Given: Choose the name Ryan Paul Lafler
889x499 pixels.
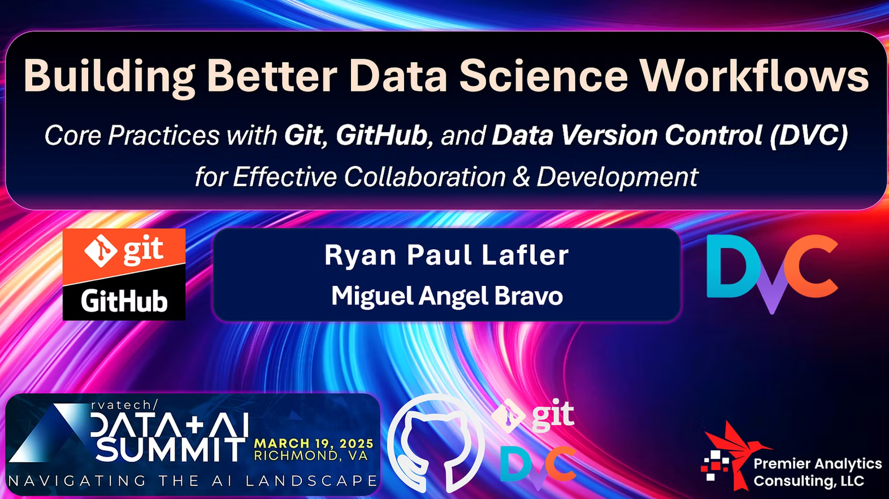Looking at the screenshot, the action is tap(446, 255).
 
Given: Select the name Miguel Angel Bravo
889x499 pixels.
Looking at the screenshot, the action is tap(447, 296).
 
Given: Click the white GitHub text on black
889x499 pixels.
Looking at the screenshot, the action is tap(124, 302).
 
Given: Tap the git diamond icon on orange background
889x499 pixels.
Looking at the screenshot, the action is tap(101, 251).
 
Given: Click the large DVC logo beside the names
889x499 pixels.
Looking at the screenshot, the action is tap(773, 274).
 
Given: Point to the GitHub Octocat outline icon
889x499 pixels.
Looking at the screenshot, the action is tap(435, 443).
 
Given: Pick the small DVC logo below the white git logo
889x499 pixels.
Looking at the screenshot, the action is tap(538, 467).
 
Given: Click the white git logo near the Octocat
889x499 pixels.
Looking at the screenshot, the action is tap(532, 415).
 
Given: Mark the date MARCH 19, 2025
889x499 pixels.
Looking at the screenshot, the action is tap(314, 443).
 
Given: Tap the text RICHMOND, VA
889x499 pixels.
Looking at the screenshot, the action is tap(311, 455).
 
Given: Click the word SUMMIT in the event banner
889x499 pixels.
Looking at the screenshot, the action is tap(171, 450).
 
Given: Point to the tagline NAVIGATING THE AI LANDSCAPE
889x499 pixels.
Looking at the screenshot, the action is tap(193, 481).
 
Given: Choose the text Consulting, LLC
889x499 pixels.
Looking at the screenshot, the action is tap(809, 481).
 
